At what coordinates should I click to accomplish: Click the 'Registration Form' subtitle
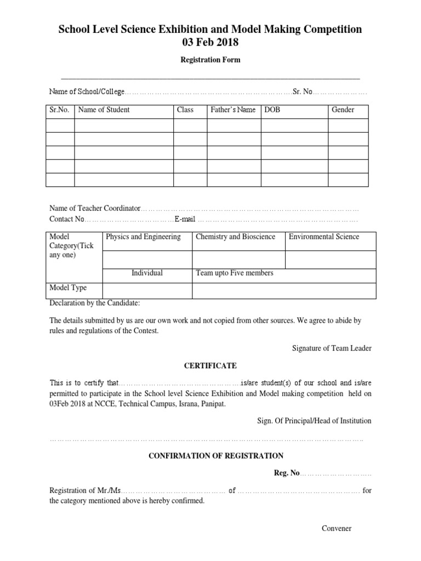tap(210, 60)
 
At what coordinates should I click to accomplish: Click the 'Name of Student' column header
tap(104, 110)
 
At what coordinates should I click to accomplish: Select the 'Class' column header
tap(185, 110)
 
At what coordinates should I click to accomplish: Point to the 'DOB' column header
tap(272, 110)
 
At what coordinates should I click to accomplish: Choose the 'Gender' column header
tap(343, 110)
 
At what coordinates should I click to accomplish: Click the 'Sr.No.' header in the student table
tap(59, 110)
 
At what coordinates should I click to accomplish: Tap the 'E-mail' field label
tap(185, 219)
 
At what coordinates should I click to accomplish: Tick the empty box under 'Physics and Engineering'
tap(146, 259)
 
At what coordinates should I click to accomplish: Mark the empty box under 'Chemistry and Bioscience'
tap(238, 259)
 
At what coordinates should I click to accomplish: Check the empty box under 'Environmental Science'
tap(330, 259)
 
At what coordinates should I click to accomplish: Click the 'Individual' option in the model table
tap(147, 273)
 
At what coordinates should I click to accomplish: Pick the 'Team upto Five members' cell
tap(235, 273)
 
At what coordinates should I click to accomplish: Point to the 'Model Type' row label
tap(68, 288)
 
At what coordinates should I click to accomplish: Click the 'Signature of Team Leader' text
tap(332, 348)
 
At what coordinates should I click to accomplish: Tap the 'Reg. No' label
tap(287, 473)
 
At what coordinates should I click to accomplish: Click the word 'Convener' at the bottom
tap(337, 529)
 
